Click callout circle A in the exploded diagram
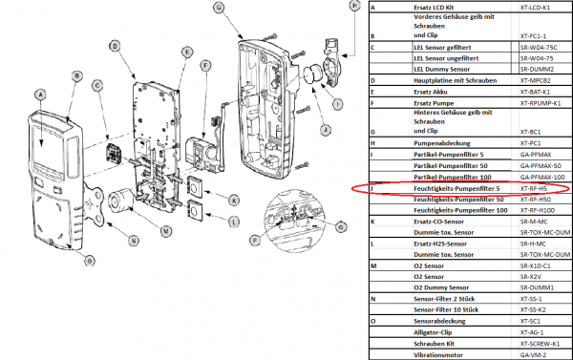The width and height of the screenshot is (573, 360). coord(39,94)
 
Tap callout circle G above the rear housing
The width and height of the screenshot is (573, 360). coord(219,8)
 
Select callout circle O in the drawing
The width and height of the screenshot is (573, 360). coord(90,260)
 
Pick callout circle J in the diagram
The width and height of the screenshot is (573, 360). coord(325,130)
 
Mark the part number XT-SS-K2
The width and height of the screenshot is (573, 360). coord(534,309)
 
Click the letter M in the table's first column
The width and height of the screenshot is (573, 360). coord(372,265)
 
